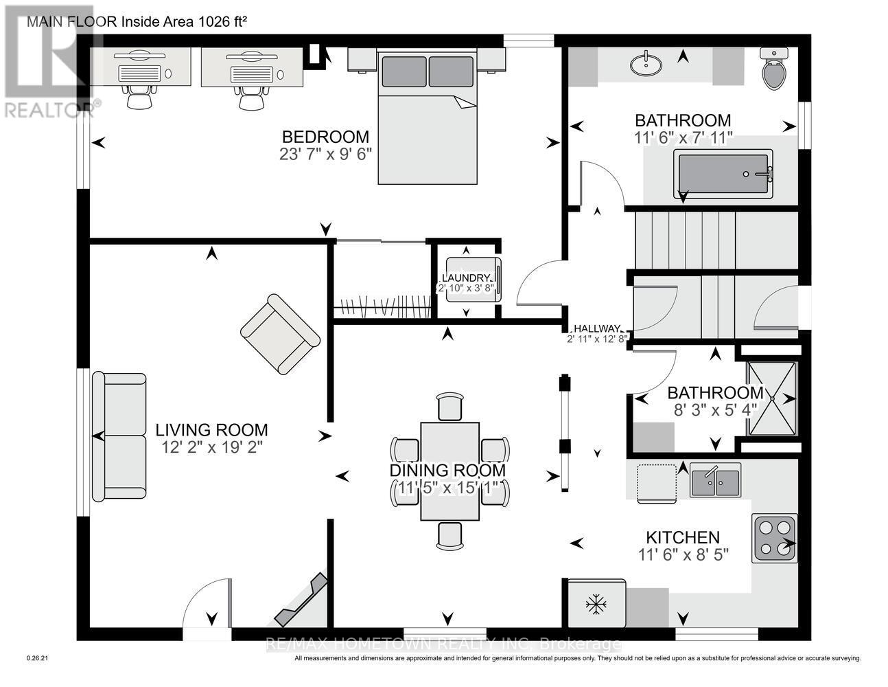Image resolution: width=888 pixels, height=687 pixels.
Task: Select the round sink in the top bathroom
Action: click(646, 65)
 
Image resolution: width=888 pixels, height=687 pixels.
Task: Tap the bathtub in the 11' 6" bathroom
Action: click(725, 174)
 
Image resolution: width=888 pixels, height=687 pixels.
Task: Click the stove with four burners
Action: click(775, 537)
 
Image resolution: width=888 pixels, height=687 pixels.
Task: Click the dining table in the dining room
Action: click(449, 471)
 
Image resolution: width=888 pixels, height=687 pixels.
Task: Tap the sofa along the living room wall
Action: click(120, 437)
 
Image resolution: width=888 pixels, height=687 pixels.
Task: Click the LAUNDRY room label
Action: click(467, 278)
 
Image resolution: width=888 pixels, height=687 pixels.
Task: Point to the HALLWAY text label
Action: click(597, 328)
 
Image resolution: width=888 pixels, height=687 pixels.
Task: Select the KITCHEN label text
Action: click(683, 537)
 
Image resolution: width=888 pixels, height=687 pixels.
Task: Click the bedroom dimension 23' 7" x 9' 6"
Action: click(325, 154)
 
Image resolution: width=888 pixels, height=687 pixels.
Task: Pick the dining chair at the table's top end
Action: click(450, 406)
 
